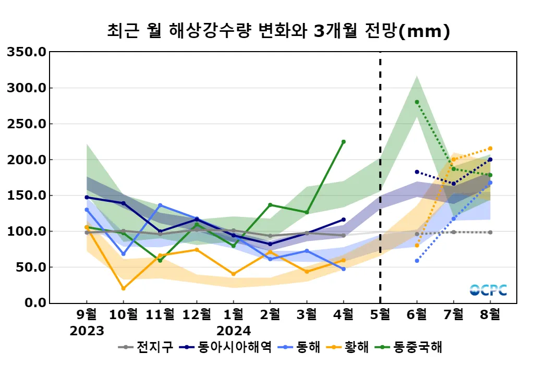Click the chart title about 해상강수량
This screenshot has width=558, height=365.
(278, 31)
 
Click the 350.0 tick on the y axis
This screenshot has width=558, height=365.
(27, 52)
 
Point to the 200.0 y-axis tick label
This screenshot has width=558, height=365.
(27, 160)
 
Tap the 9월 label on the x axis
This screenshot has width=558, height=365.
(87, 315)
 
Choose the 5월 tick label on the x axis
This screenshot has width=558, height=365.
(380, 315)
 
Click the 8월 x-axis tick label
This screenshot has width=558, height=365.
(490, 315)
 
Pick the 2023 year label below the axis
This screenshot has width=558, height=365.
(87, 331)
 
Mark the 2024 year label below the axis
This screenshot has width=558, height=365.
(233, 331)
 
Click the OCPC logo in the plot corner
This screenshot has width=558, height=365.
(488, 290)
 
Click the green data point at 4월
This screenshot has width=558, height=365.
(343, 142)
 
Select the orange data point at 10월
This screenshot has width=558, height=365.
(123, 288)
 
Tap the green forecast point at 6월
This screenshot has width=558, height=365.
(417, 102)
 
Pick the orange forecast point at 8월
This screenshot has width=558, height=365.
(490, 149)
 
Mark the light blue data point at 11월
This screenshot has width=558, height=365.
(160, 205)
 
